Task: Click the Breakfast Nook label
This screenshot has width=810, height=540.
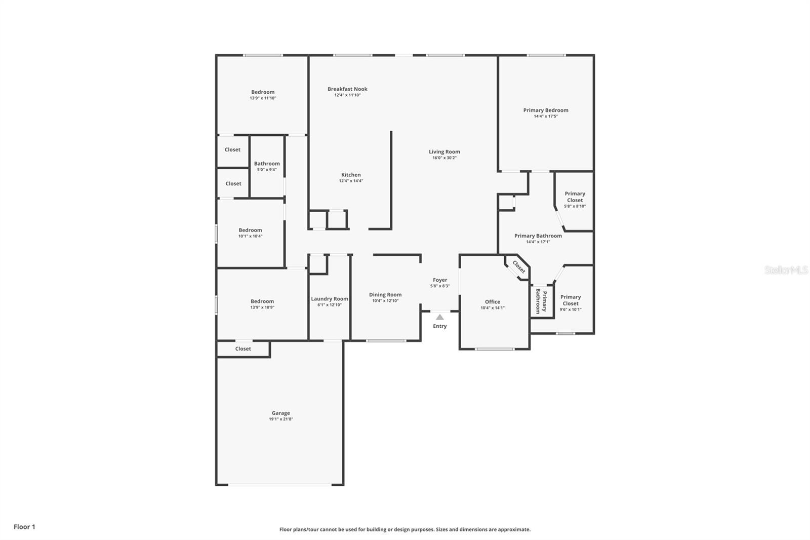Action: pos(347,89)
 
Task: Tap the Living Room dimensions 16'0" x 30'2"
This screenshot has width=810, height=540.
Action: pos(444,158)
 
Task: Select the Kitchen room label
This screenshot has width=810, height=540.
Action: pos(351,175)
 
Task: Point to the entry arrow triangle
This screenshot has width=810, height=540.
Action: pos(440,317)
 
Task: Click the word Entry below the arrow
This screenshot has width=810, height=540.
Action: pos(440,326)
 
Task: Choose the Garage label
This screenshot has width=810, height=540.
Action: pos(280,413)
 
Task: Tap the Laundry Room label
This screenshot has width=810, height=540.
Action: pos(330,299)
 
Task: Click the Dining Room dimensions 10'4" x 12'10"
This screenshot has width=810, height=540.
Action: pos(385,301)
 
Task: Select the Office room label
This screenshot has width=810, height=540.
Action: pos(492,302)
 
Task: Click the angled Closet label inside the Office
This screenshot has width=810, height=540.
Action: pos(519,266)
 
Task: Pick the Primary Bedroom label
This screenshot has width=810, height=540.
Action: pos(546,110)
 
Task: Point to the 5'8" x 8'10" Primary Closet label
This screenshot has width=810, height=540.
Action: pos(575,200)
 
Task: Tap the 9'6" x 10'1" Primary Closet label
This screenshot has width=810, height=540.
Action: pos(571,303)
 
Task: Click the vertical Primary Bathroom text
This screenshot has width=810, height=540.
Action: pos(541,302)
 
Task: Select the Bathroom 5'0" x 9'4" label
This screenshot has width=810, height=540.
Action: pos(267,166)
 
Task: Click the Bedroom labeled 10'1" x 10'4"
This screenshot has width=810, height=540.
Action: pos(250,233)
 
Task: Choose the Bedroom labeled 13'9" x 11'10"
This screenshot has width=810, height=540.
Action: pos(263,95)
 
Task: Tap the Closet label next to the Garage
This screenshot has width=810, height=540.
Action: pos(243,349)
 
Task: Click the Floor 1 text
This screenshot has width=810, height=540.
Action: pos(24,527)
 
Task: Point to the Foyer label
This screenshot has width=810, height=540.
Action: pos(440,280)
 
